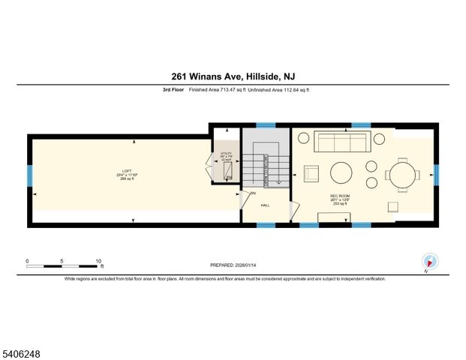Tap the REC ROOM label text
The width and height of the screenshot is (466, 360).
[340, 196]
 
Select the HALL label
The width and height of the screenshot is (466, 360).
[265, 204]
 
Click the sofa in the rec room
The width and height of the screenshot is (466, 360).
[339, 142]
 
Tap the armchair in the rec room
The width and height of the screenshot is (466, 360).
[311, 173]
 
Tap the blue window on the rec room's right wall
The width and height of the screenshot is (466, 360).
[436, 175]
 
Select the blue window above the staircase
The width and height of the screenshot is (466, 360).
[266, 125]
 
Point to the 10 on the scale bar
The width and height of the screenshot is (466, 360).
[98, 261]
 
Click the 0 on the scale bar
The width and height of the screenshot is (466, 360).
[27, 261]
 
